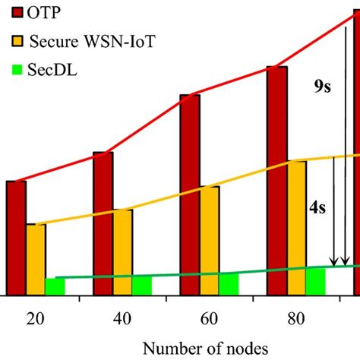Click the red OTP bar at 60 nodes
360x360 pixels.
[x=189, y=194]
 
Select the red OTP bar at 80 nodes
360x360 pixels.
[x=276, y=181]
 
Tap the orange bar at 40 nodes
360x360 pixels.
[x=122, y=251]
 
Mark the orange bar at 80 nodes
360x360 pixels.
[x=296, y=227]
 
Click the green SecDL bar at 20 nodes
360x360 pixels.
[x=55, y=286]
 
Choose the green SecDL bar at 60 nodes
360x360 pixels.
[x=229, y=284]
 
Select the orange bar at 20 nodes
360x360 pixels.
[x=36, y=259]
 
